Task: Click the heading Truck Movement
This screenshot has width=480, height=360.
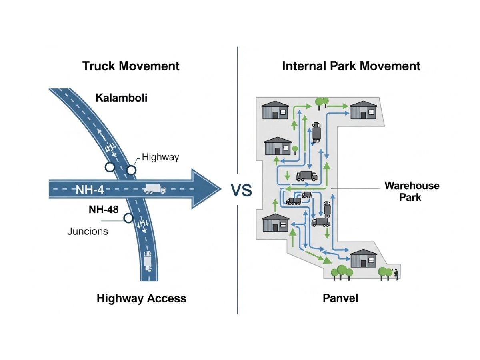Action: coord(131,66)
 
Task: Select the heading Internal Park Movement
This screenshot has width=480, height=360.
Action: coord(351,66)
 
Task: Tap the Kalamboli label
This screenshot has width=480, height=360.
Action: coord(121,98)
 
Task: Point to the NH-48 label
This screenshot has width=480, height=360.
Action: coord(104,210)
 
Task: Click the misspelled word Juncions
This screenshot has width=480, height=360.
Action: coord(88,231)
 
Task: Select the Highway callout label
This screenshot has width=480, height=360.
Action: coord(160,158)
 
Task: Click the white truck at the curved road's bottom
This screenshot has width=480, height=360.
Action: coord(148,262)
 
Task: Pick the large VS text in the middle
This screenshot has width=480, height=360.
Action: coord(241,190)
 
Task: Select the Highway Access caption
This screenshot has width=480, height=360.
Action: coord(141,298)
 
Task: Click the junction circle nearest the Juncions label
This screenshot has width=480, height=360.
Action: coord(128,218)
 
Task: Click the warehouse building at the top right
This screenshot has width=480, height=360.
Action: coord(364,110)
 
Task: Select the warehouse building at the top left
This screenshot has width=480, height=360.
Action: coord(275,110)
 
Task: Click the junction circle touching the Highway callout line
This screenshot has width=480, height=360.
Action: coord(131,170)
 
